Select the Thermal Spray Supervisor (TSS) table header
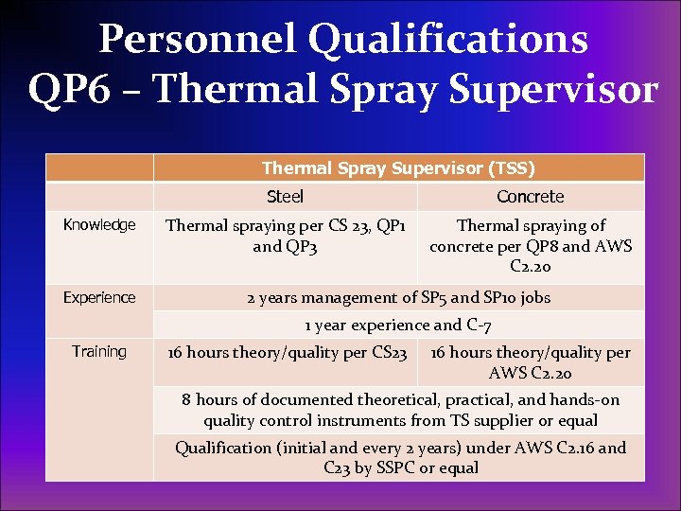click(398, 168)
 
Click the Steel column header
click(285, 197)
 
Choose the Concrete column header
click(530, 197)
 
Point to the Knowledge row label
click(99, 225)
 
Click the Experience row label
click(99, 298)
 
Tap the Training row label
click(99, 352)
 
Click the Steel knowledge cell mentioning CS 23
click(285, 236)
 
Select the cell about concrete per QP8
click(530, 246)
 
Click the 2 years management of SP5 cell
click(398, 298)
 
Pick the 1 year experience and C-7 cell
click(398, 326)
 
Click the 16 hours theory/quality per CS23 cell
click(287, 353)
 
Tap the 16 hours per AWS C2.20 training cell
click(530, 362)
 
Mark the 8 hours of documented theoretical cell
click(398, 410)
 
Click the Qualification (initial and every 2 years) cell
click(398, 458)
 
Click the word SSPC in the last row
click(392, 468)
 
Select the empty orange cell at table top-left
click(99, 168)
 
